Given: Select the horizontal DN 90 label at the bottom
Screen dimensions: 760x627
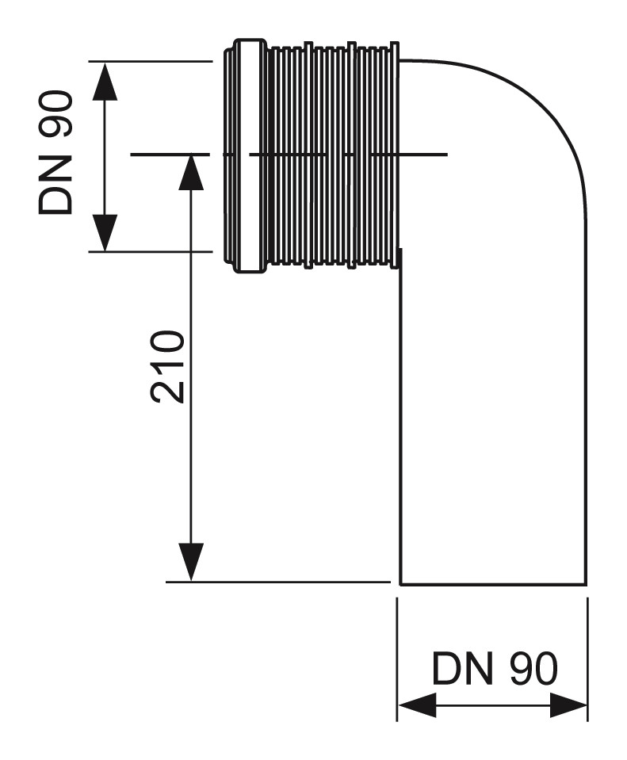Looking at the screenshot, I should (494, 670).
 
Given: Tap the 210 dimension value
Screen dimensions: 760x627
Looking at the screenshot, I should (168, 367).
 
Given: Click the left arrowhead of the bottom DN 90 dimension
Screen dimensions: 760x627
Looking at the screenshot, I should (415, 705).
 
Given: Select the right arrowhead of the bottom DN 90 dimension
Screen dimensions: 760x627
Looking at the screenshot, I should (568, 705).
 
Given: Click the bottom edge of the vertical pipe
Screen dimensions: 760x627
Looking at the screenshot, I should (493, 584).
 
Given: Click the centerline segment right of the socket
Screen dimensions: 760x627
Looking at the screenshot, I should (424, 155).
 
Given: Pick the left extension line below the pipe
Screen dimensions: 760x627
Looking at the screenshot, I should (397, 658).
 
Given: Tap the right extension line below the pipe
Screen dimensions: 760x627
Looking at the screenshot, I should (587, 658).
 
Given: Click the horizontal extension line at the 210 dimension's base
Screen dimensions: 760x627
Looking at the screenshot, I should (277, 582).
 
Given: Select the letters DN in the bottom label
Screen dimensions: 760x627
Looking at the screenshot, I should (458, 670).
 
